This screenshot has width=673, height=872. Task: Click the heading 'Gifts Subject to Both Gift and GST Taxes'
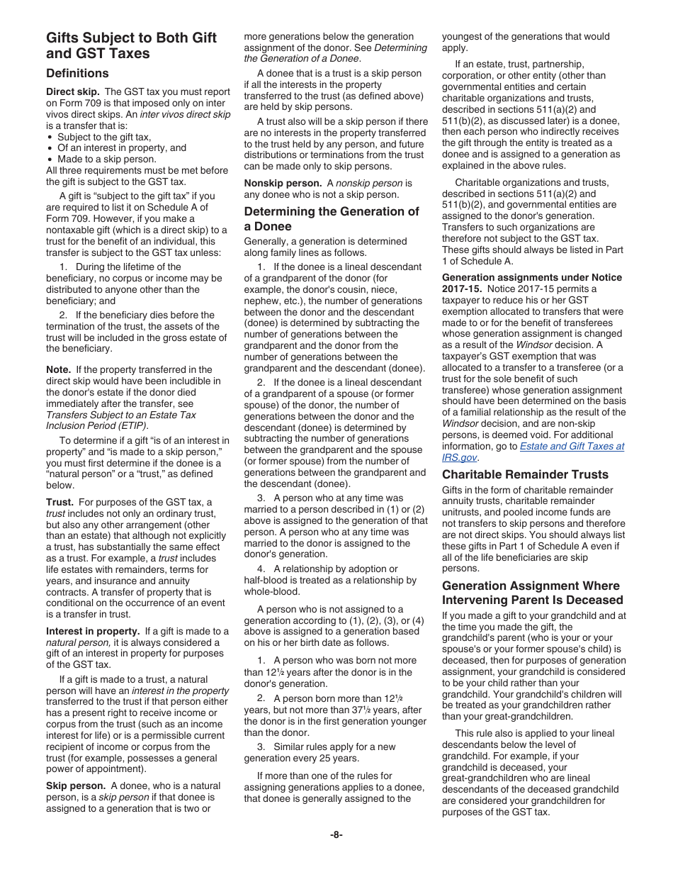pos(131,45)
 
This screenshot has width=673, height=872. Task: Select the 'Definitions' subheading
pos(77,73)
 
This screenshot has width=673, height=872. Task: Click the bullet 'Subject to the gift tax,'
pos(104,137)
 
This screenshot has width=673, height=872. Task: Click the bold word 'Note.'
pos(58,369)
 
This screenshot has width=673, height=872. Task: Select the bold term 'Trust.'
pos(60,502)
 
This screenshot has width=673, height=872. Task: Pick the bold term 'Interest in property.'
pos(93,631)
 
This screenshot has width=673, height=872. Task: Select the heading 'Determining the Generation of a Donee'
pos(332,218)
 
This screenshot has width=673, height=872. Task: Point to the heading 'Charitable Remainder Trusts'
pos(525,474)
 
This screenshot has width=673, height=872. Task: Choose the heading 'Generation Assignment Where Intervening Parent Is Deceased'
pos(531,593)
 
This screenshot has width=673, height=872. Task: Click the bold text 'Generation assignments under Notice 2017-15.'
pos(531,283)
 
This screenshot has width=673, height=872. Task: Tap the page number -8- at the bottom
pos(336,834)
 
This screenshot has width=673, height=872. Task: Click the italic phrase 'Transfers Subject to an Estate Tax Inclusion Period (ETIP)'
pos(120,420)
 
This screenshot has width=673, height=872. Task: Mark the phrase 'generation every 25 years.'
pos(302,758)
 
